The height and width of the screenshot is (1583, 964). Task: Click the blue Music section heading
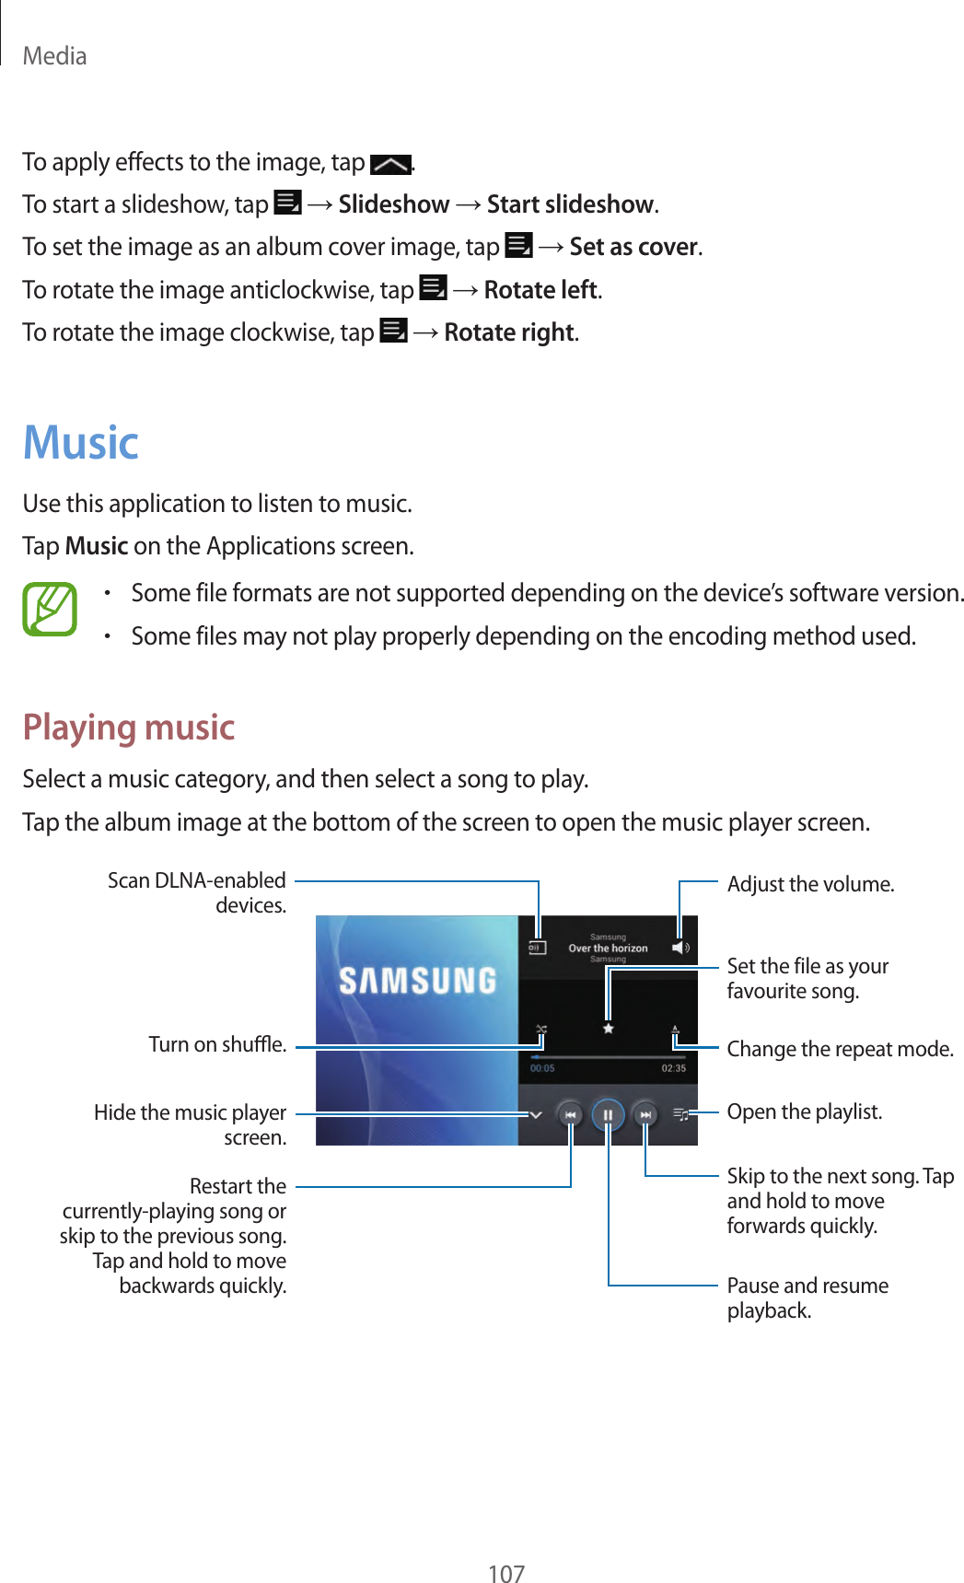(81, 443)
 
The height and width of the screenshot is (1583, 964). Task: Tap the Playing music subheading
(129, 727)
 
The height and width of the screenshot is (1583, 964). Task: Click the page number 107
(505, 1573)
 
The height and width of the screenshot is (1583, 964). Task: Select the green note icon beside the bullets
(50, 610)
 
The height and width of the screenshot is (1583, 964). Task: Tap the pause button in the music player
(608, 1115)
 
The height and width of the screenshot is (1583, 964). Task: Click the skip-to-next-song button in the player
(645, 1115)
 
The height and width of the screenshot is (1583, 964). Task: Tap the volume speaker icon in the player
(679, 948)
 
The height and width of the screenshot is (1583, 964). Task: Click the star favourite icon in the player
(608, 1029)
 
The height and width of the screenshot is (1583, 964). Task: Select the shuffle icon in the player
(541, 1029)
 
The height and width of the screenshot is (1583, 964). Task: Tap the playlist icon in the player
(680, 1115)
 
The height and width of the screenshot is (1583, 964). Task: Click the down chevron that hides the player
(536, 1115)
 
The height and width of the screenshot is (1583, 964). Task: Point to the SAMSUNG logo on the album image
(417, 980)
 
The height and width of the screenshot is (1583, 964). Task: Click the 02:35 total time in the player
(673, 1068)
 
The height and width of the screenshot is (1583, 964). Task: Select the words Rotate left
(541, 290)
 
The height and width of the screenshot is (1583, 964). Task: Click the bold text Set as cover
(633, 247)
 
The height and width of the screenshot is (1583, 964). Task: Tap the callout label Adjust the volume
(810, 884)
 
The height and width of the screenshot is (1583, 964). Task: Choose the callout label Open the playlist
(804, 1112)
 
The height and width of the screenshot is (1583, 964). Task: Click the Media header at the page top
(54, 56)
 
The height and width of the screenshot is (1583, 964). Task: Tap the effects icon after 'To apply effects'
(390, 165)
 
